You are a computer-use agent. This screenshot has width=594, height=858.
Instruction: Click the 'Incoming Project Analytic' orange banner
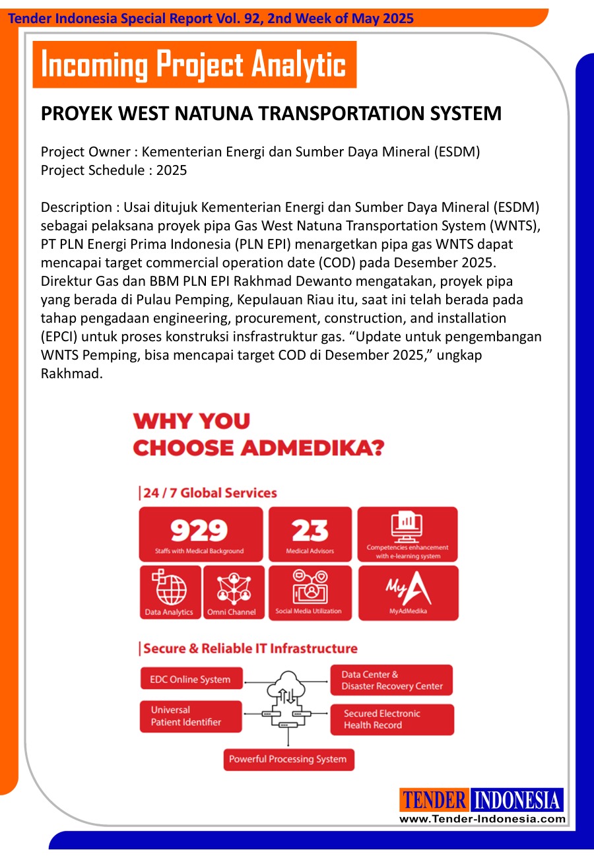pos(194,65)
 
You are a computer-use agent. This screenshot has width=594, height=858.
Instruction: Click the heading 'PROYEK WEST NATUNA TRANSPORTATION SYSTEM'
pos(271,114)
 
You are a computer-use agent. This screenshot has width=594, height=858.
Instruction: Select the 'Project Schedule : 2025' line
pos(114,170)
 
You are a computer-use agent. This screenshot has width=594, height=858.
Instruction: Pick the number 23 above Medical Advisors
pos(310,531)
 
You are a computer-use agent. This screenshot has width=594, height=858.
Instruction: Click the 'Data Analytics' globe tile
pos(170,593)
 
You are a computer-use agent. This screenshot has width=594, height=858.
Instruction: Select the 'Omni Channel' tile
pos(232,593)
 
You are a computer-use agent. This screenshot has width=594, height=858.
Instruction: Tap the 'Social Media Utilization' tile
pos(309,593)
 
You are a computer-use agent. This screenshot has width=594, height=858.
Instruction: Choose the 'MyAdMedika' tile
pos(408,593)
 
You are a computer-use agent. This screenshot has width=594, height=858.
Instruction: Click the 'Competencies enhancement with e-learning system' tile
pos(407,534)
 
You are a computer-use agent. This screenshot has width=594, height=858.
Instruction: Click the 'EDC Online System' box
pos(191,679)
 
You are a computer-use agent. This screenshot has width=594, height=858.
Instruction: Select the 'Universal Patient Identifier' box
pos(191,716)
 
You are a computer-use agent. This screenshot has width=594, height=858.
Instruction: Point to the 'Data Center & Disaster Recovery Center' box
pos(391,680)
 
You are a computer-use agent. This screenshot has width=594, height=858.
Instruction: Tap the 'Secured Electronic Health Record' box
pos(391,719)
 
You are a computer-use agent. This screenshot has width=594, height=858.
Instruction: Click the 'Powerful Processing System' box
pos(288,759)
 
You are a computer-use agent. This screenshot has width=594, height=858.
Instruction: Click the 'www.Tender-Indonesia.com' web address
pos(482,819)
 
